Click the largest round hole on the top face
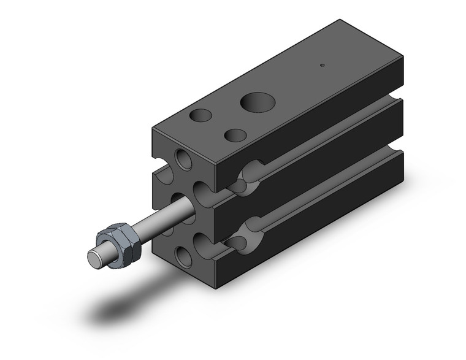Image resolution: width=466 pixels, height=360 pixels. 256,102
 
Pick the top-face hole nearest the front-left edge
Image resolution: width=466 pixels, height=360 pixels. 201,115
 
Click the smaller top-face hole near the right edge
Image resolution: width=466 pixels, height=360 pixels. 235,135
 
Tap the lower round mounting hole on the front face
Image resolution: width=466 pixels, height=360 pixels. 183,256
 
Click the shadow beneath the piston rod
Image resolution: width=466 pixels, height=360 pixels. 123,310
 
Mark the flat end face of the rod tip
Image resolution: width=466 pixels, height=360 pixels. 94,258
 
